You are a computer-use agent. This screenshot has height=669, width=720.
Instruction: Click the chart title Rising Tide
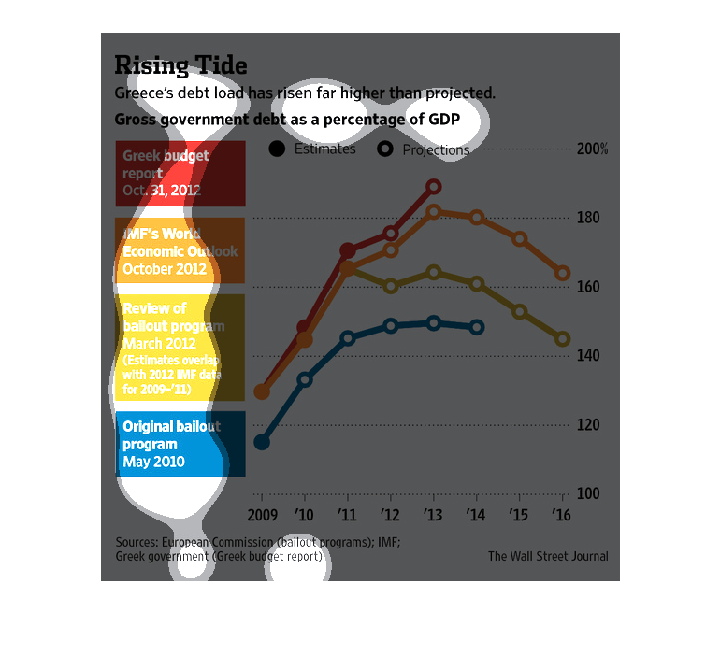point(180,65)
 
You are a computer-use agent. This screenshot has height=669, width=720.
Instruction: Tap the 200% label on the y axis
point(593,149)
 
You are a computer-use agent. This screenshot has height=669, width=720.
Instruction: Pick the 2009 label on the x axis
point(262,515)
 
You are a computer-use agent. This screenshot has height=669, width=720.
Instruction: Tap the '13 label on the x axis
point(434,515)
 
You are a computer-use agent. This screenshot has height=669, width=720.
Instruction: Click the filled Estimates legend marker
point(277,149)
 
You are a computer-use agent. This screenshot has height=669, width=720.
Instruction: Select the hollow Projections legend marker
point(384,149)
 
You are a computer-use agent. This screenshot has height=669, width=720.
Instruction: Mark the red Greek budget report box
point(180,174)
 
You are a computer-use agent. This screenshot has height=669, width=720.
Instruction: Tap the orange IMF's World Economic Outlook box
point(180,250)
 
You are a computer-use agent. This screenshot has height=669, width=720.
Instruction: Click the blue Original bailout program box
point(180,444)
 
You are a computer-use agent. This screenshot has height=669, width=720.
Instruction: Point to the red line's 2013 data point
point(434,187)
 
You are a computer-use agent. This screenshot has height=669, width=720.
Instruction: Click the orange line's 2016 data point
point(563,274)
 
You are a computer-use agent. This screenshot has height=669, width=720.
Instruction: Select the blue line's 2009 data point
point(262,442)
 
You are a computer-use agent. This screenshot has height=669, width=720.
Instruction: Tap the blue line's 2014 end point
point(477,328)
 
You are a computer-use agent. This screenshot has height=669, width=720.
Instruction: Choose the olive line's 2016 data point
point(563,339)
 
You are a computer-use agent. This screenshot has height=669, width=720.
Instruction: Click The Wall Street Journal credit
point(548,557)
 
